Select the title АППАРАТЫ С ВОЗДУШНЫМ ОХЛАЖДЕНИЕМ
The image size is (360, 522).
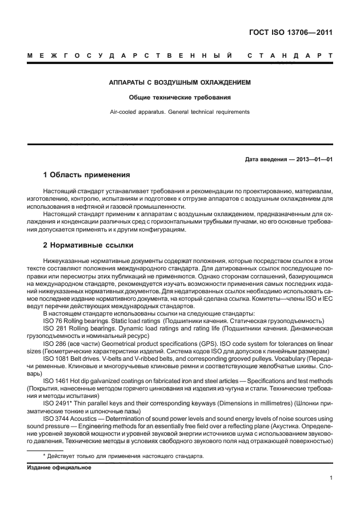coord(180,83)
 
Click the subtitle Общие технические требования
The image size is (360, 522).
coord(180,97)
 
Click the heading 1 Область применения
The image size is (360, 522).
coord(87,174)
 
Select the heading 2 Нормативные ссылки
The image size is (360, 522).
coord(89,245)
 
